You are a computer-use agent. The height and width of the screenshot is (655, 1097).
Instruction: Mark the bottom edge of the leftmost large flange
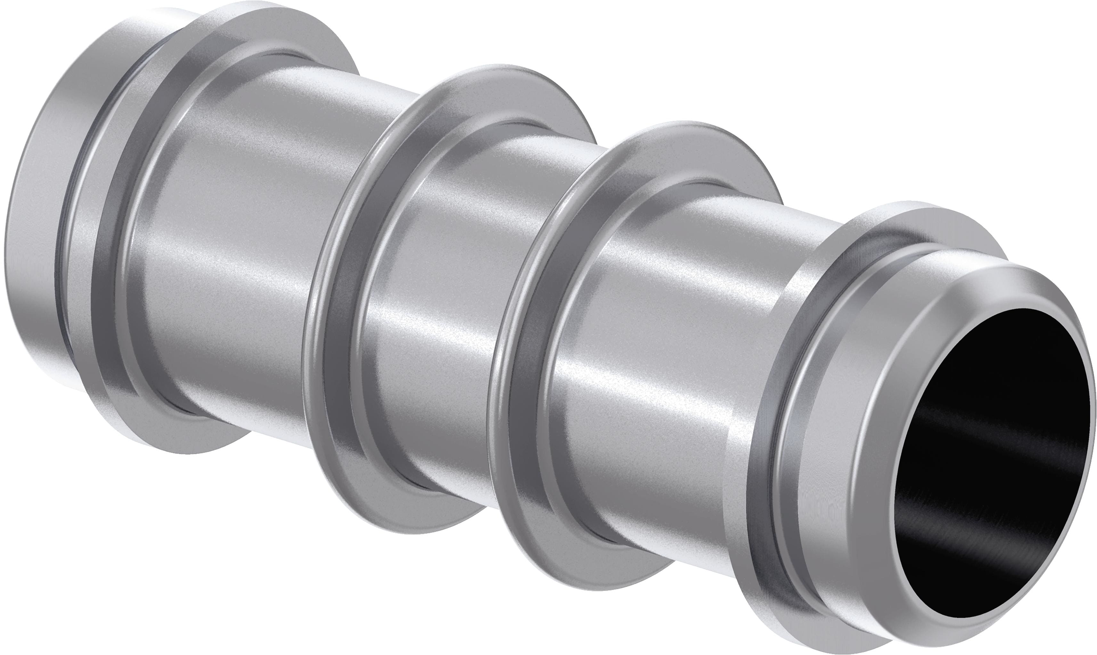tap(185, 441)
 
